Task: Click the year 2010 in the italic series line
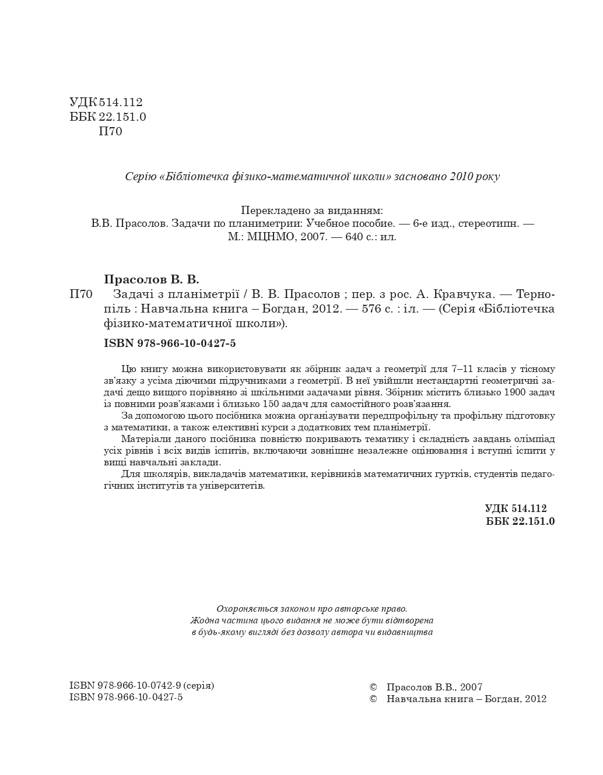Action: point(462,176)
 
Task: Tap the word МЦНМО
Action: point(275,237)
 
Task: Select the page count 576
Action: point(371,309)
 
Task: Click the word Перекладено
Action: point(272,210)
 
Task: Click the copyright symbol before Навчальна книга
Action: point(374,699)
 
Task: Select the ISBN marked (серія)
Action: point(141,686)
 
